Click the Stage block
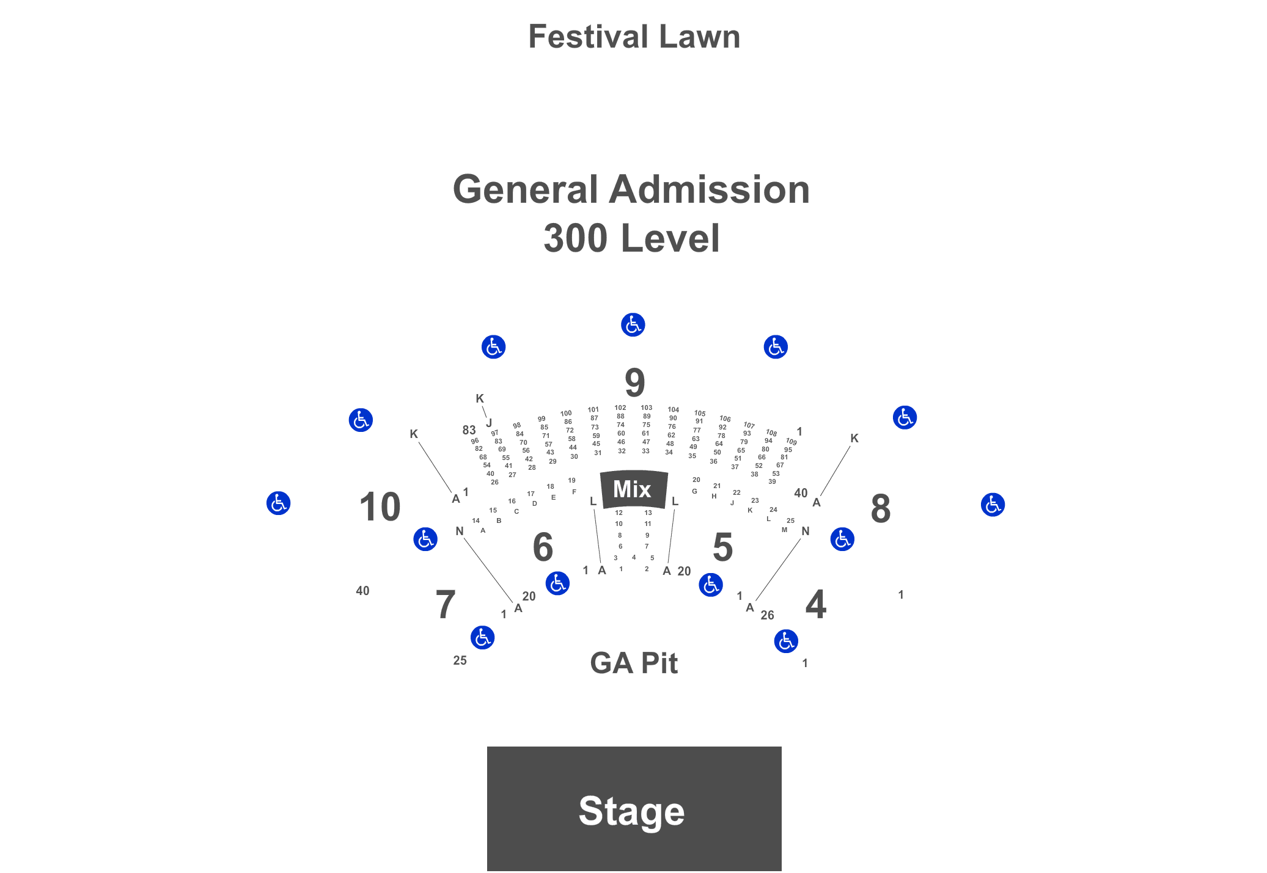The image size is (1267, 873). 634,808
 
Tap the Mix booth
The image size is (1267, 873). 633,489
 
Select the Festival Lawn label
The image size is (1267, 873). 634,37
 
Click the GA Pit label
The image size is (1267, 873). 634,663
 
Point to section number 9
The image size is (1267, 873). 634,383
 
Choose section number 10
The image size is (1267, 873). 380,506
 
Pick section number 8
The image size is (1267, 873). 880,508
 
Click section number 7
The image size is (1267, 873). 446,604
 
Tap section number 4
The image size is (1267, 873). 816,604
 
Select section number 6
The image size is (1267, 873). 543,547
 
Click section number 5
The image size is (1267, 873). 722,547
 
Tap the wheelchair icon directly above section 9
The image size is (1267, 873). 633,324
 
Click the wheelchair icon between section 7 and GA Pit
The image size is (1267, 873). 482,637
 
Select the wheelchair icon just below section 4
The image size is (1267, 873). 786,641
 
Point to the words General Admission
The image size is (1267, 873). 631,189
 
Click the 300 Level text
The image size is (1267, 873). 631,238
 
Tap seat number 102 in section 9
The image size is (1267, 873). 620,407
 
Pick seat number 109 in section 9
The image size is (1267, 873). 791,441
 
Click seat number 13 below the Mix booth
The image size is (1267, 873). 648,513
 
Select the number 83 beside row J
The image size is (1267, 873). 469,430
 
